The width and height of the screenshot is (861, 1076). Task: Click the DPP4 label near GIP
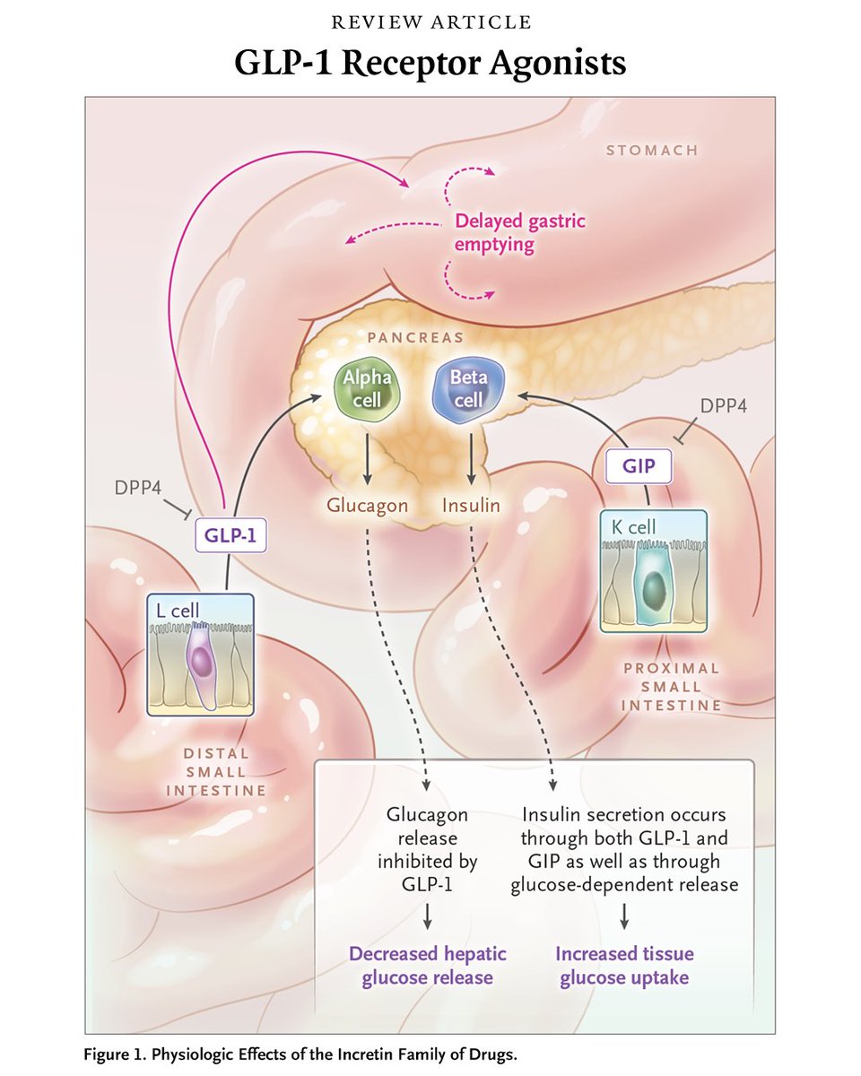pyautogui.click(x=724, y=404)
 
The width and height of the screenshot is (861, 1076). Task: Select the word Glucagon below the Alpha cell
pyautogui.click(x=367, y=506)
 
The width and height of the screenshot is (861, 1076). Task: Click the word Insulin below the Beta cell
pyautogui.click(x=471, y=506)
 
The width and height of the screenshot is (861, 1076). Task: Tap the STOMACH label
pyautogui.click(x=651, y=150)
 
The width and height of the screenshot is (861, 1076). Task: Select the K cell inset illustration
pyautogui.click(x=653, y=571)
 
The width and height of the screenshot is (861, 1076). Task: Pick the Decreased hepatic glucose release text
pyautogui.click(x=427, y=966)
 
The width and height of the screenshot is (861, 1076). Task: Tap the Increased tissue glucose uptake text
pyautogui.click(x=625, y=966)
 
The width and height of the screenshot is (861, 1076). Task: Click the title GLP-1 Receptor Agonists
pyautogui.click(x=430, y=64)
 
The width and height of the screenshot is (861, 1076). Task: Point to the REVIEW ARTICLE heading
pyautogui.click(x=430, y=22)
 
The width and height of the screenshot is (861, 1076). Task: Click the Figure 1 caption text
pyautogui.click(x=300, y=1053)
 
